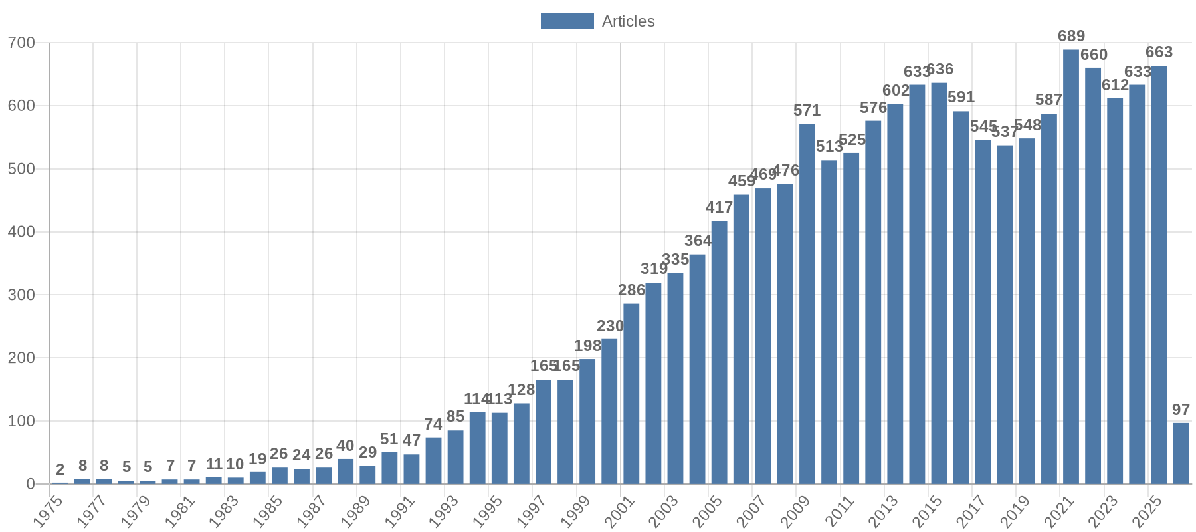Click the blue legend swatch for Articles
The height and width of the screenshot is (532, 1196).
point(567,21)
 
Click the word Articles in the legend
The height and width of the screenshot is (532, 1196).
point(628,21)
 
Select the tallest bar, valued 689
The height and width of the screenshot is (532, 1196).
point(1070,266)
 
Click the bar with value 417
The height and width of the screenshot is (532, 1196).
point(719,352)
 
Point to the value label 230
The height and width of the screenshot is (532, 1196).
point(610,326)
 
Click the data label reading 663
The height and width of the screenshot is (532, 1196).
point(1159,52)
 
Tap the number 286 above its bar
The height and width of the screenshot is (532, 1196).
point(631,290)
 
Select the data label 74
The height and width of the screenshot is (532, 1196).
point(433,424)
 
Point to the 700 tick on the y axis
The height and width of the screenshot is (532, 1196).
point(21,43)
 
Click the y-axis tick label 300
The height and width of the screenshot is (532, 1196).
point(21,295)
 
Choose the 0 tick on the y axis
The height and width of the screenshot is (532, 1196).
point(31,484)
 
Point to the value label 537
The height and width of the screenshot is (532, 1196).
point(1005,132)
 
